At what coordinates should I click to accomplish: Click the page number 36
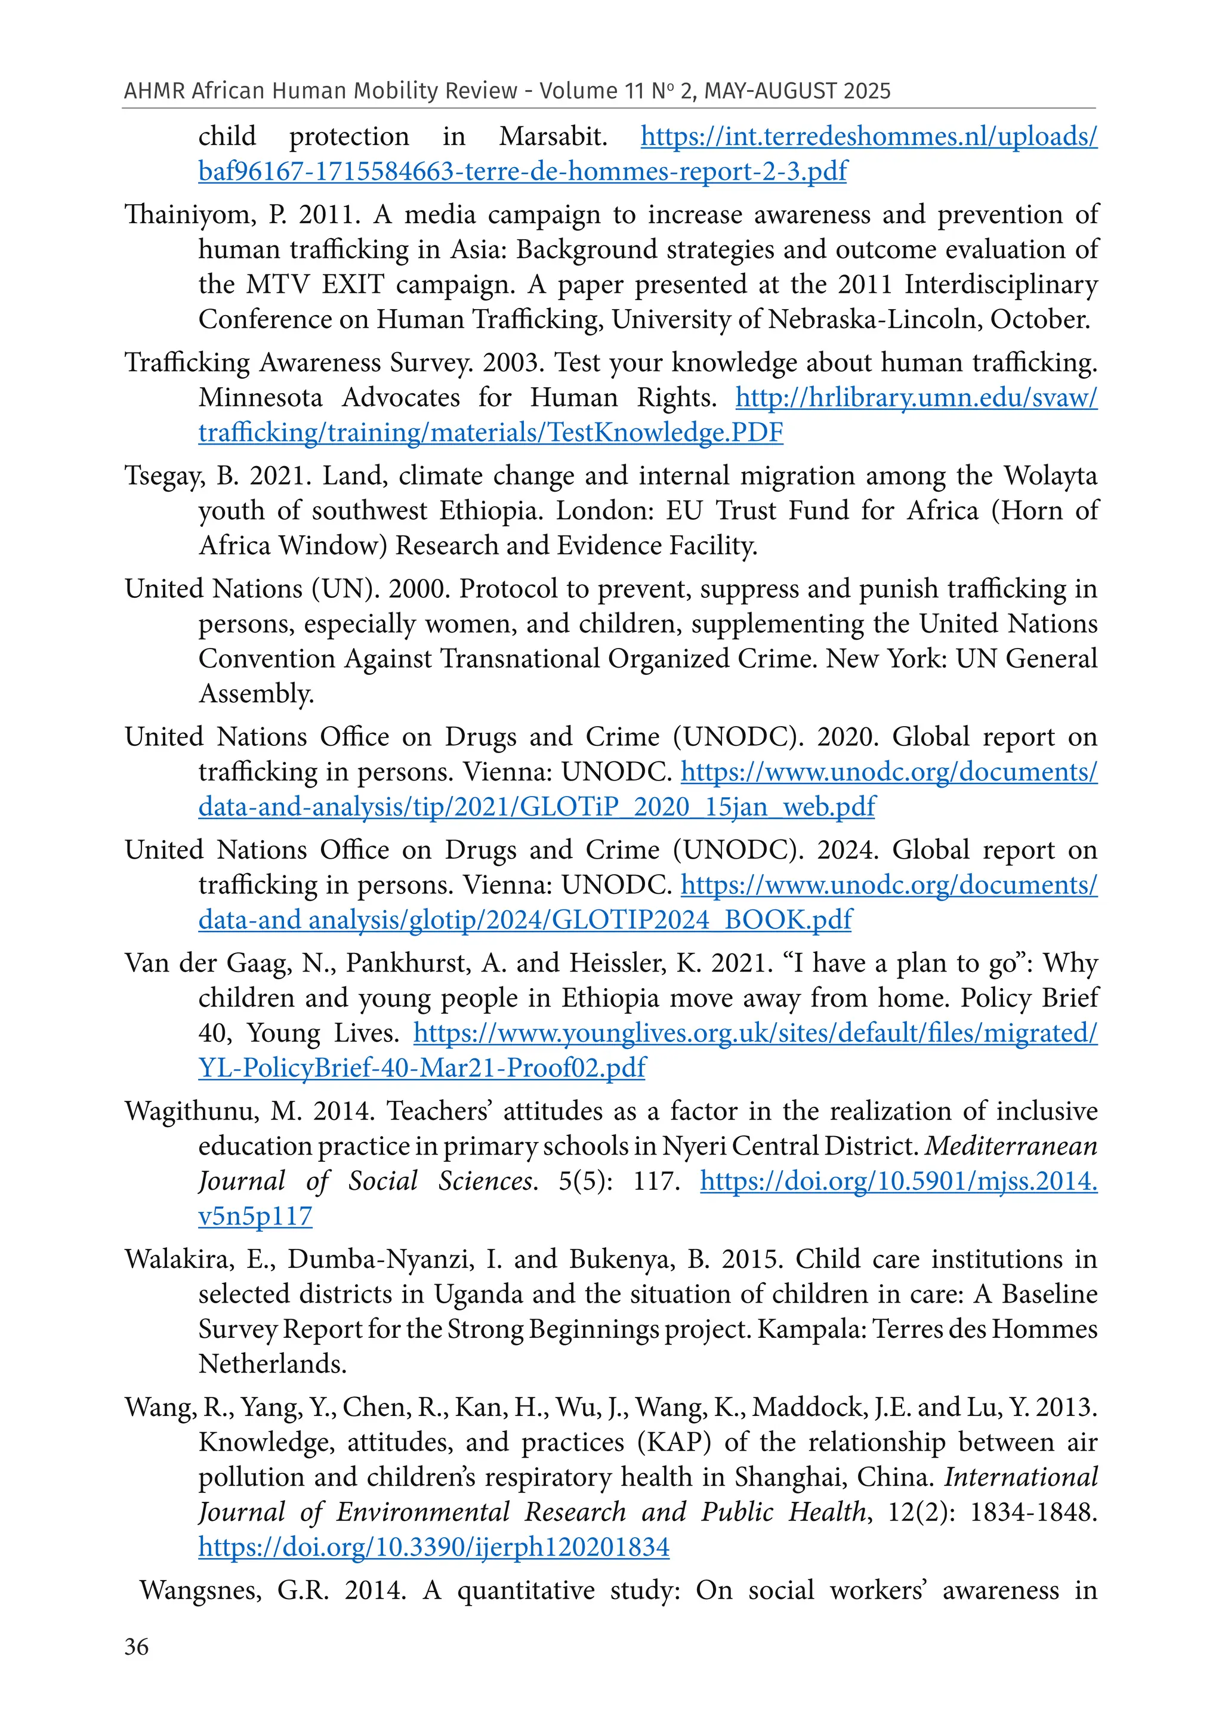click(x=137, y=1646)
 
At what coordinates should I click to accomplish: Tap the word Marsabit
click(x=553, y=137)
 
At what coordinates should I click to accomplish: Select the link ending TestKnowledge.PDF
click(x=491, y=433)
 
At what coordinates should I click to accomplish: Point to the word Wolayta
click(x=1050, y=476)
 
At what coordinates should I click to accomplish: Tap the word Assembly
click(x=255, y=694)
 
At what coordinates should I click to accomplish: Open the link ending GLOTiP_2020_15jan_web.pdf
click(x=536, y=807)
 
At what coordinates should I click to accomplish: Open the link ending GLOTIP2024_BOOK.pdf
click(x=525, y=921)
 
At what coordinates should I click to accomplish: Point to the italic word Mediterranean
click(x=1011, y=1146)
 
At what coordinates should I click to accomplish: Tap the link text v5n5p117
click(x=255, y=1217)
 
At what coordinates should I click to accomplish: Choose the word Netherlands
click(x=273, y=1364)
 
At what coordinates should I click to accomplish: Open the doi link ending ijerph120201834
click(x=434, y=1547)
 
